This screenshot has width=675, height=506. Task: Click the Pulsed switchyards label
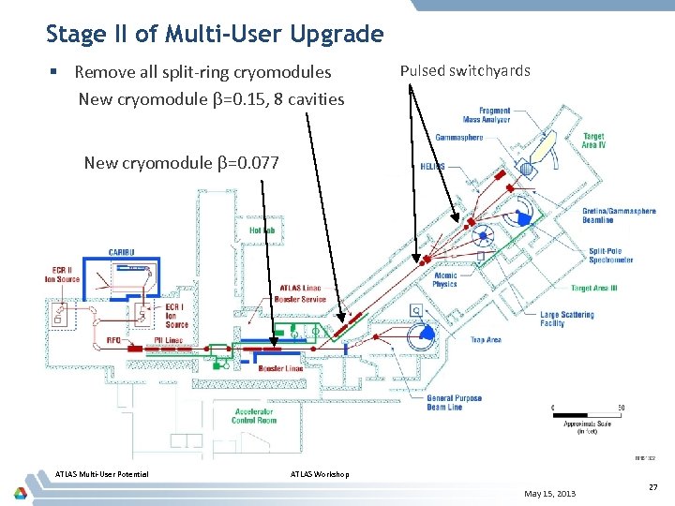[465, 70]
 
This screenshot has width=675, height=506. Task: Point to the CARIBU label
[122, 251]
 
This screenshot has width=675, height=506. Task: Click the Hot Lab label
[262, 230]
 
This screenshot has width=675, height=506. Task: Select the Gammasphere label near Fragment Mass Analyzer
[459, 138]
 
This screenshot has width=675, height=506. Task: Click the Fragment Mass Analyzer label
[487, 114]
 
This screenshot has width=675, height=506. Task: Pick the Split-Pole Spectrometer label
[611, 255]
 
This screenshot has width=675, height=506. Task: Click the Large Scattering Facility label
[567, 319]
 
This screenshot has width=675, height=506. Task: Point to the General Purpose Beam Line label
[455, 402]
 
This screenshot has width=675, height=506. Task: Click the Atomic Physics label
[445, 279]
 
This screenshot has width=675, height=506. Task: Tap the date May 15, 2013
[550, 494]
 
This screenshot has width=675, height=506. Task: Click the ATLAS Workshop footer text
[321, 474]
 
